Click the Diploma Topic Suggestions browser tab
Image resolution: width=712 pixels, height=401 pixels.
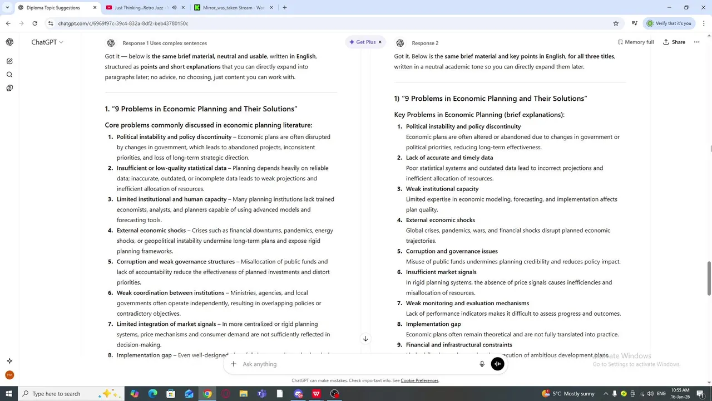coord(53,8)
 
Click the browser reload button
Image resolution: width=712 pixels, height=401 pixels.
coord(34,23)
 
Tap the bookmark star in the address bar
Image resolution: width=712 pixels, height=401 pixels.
coord(616,23)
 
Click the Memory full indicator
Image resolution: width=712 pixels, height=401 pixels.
coord(635,42)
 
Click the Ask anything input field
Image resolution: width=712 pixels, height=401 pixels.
coord(356,364)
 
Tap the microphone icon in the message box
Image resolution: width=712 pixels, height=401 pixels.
coord(482,364)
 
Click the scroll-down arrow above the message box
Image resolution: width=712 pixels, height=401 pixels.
coord(365,339)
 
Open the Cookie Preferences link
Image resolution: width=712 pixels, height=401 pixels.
coord(419,381)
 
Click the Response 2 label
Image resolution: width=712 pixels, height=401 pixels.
coord(425,43)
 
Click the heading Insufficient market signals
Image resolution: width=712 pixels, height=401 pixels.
coord(441,272)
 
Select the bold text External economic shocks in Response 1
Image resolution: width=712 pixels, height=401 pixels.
coord(151,231)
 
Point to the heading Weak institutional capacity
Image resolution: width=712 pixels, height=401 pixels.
coord(442,189)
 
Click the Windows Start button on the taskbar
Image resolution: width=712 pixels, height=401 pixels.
coord(8,394)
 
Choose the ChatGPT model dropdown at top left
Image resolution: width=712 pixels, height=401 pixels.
coord(47,42)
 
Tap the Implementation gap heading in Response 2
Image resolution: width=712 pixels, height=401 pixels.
coord(433,324)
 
